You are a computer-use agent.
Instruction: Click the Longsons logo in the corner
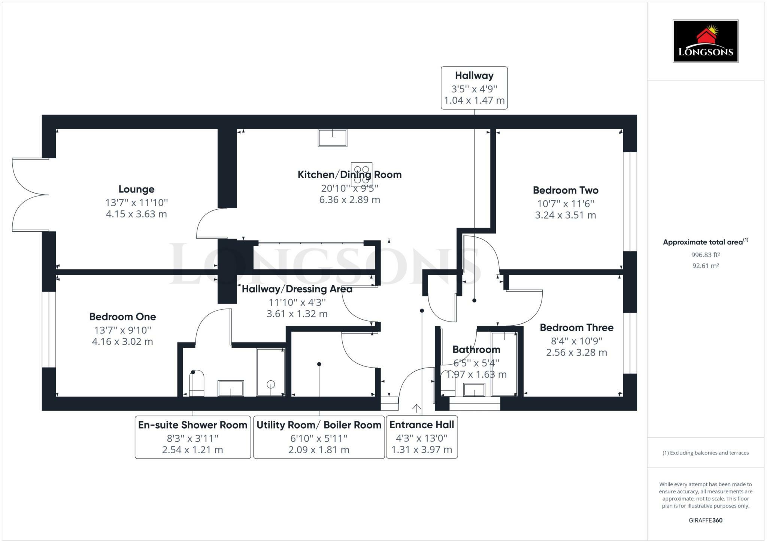706,41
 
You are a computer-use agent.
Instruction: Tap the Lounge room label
136,189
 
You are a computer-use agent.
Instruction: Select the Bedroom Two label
566,190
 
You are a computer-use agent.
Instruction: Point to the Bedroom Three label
576,328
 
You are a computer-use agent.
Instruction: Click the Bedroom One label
122,317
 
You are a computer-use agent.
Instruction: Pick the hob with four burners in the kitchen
361,174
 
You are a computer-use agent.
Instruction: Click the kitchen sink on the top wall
333,138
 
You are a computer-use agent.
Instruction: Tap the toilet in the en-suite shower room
197,383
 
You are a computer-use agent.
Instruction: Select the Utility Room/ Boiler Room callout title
319,425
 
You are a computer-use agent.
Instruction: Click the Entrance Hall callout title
422,425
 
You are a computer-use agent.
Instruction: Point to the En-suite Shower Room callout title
193,425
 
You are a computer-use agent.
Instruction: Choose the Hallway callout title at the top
474,76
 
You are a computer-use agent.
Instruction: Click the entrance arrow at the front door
416,408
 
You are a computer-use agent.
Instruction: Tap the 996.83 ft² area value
706,255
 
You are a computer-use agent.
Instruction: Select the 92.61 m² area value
706,266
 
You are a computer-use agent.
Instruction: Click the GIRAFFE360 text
706,520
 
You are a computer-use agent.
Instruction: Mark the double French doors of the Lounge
30,195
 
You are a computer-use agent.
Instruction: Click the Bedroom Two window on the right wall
630,201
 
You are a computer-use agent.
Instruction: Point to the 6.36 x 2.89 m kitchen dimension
349,200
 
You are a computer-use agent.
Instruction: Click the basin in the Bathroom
474,390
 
